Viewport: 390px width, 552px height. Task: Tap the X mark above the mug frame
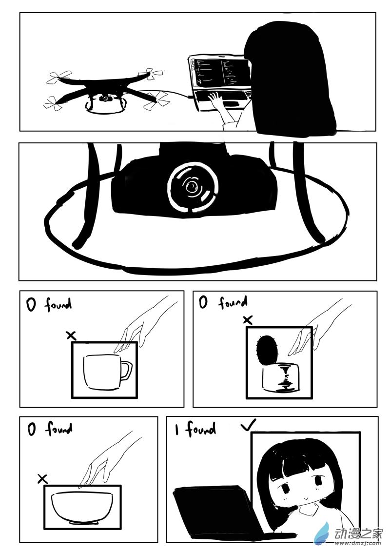(72, 335)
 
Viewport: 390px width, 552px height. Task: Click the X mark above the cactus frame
(248, 320)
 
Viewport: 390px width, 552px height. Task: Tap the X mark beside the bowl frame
(42, 479)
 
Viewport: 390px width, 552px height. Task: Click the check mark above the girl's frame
(249, 425)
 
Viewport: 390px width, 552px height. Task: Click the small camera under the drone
(105, 98)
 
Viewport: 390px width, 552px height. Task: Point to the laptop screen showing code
(220, 73)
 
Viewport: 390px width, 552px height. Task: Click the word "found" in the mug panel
(58, 304)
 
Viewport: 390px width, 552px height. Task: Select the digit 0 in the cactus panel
(203, 302)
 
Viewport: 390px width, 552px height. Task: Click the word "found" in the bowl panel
(59, 429)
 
